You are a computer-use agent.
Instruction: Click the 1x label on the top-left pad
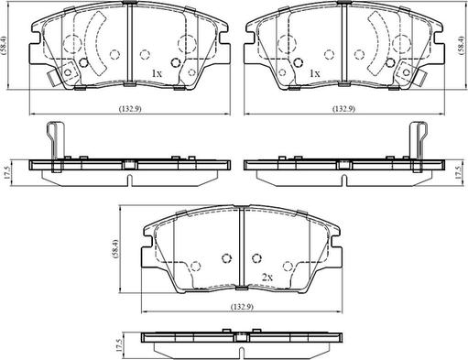point(157,73)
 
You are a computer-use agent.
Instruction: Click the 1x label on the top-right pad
point(315,73)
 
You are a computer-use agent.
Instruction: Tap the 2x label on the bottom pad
point(267,278)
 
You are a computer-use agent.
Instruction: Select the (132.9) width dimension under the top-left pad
point(130,108)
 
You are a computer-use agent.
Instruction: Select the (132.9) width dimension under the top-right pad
point(343,108)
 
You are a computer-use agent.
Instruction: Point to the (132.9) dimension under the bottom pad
point(242,306)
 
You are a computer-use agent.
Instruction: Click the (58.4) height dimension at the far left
point(4,45)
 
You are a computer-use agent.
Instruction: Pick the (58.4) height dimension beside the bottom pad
point(114,249)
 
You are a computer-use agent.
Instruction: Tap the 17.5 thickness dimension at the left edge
point(7,172)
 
